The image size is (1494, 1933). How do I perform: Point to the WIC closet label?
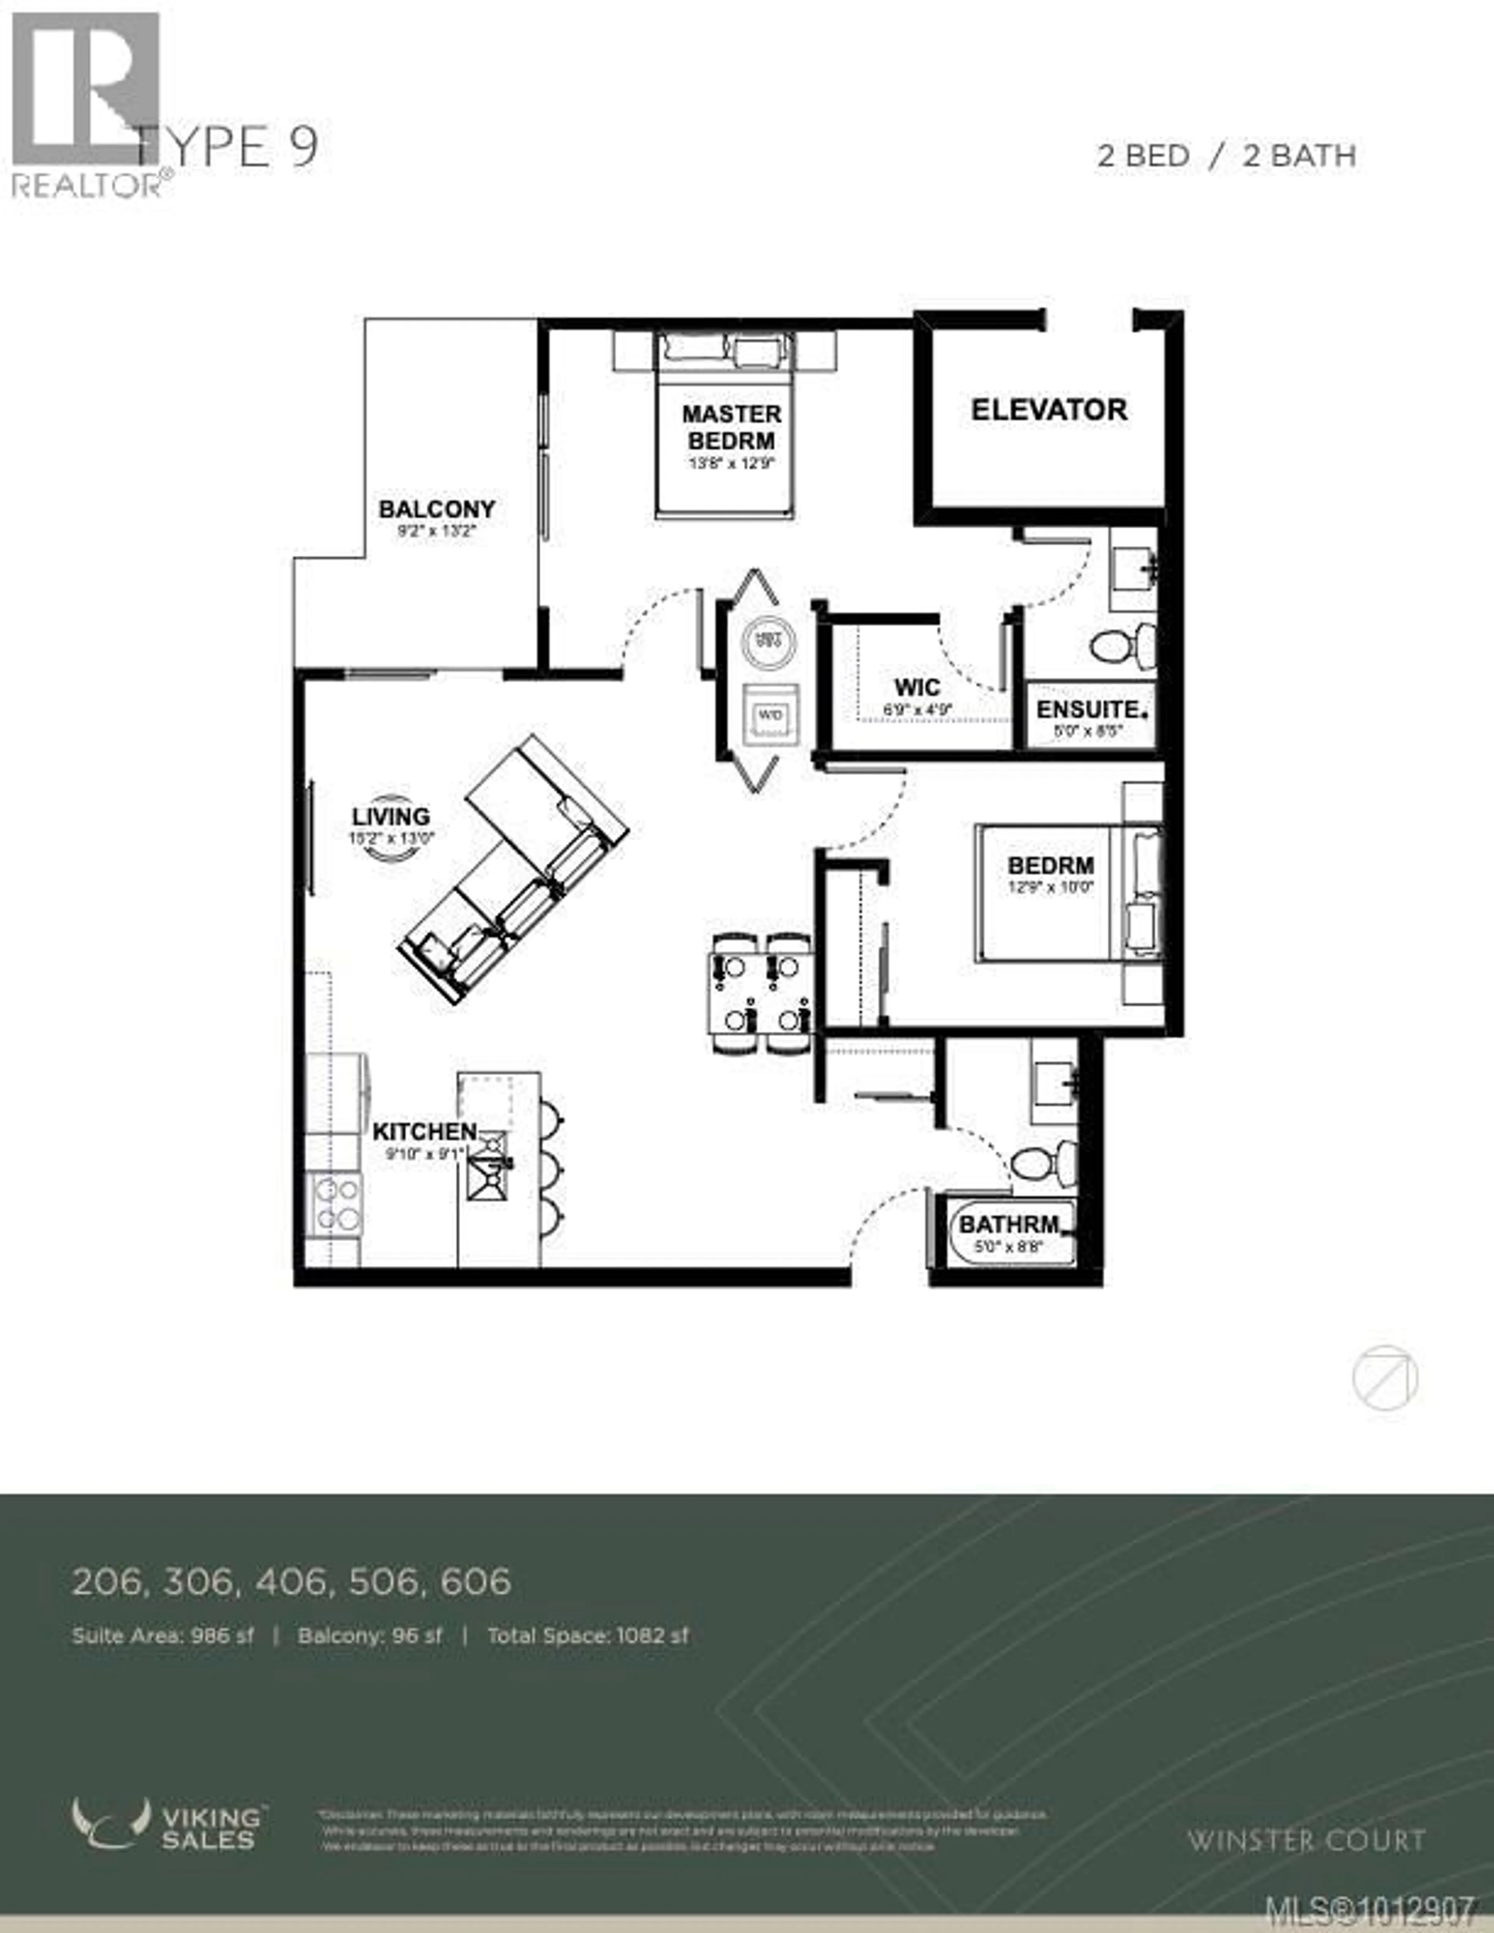[917, 687]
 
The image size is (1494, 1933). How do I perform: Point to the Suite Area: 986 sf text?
[163, 1636]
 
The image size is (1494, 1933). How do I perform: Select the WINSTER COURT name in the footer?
[1305, 1841]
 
